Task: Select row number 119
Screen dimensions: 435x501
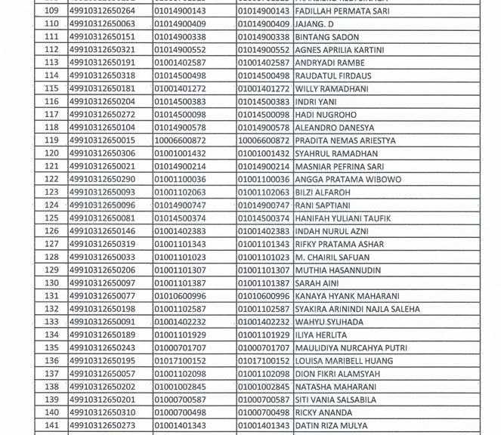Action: pyautogui.click(x=52, y=140)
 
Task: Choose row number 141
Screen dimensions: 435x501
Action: pyautogui.click(x=52, y=426)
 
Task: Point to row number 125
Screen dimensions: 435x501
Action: pyautogui.click(x=52, y=218)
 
